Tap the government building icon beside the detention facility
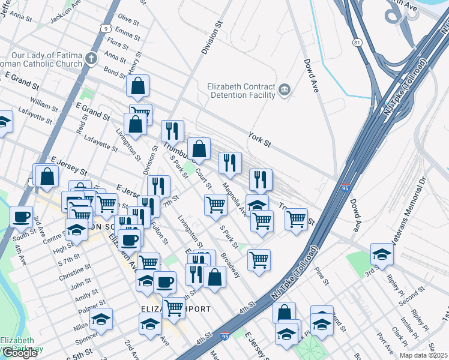coord(285,91)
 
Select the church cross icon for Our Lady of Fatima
coord(91,59)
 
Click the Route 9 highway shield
coord(106,28)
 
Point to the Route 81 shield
coord(357,43)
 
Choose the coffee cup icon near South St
coord(22,217)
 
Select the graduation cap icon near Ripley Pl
coord(382,254)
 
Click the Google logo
coord(20,353)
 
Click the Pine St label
coord(326,280)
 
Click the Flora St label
coord(117,43)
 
